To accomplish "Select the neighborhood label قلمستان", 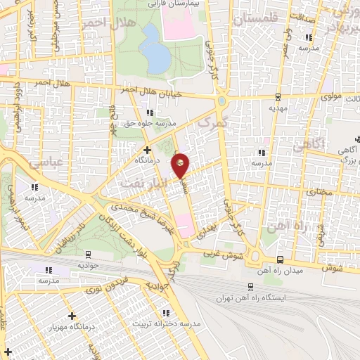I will [257, 20].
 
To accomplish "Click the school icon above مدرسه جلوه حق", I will [148, 112].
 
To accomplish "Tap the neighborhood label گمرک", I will [206, 125].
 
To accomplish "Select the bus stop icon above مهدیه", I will [278, 97].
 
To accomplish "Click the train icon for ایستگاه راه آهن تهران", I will [251, 286].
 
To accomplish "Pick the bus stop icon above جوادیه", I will [89, 255].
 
